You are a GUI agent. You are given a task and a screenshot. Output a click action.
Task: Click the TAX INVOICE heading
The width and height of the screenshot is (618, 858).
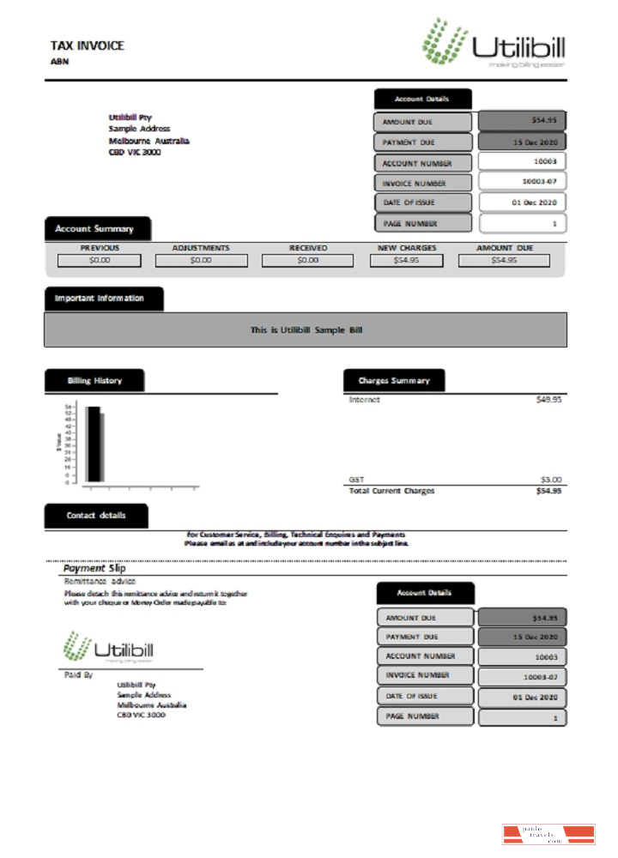pyautogui.click(x=88, y=45)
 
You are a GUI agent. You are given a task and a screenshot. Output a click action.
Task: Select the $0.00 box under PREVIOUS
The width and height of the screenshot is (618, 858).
pyautogui.click(x=100, y=260)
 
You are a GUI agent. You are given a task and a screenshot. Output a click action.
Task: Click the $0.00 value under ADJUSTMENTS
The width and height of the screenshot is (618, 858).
pyautogui.click(x=201, y=260)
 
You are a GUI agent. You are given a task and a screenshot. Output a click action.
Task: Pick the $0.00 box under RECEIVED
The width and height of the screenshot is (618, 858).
pyautogui.click(x=307, y=260)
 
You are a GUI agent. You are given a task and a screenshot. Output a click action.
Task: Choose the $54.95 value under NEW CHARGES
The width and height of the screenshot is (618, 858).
pyautogui.click(x=407, y=260)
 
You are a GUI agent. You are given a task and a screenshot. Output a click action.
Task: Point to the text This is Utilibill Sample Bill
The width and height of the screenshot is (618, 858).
pyautogui.click(x=306, y=329)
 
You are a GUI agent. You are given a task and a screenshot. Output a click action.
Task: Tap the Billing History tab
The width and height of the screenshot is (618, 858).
pyautogui.click(x=95, y=380)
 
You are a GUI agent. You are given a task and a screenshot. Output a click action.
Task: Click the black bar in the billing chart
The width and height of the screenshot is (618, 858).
pyautogui.click(x=92, y=444)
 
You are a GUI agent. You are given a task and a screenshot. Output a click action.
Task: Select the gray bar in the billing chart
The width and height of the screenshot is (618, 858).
pyautogui.click(x=102, y=447)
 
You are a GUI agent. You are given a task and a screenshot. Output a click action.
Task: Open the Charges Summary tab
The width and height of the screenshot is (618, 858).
pyautogui.click(x=394, y=380)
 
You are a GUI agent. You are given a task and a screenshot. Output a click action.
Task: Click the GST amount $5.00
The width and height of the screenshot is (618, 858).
pyautogui.click(x=550, y=479)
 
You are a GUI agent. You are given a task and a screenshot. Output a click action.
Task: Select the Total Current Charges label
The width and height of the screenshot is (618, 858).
pyautogui.click(x=391, y=491)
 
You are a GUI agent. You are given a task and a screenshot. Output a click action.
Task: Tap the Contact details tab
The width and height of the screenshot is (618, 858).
pyautogui.click(x=96, y=516)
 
